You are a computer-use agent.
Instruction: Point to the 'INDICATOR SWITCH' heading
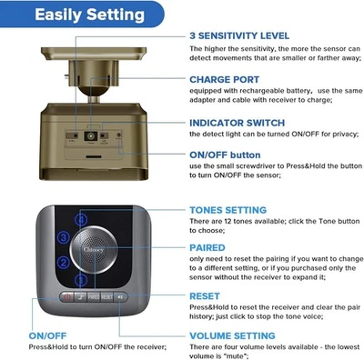coord(236,123)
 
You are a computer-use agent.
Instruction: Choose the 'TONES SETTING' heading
coord(227,210)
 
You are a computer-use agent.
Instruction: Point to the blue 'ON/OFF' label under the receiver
coord(45,335)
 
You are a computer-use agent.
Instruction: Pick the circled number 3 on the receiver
coord(62,238)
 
